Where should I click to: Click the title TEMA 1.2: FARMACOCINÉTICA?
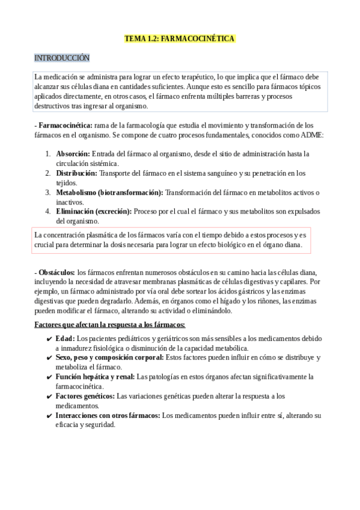point(180,38)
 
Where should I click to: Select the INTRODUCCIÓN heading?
point(62,58)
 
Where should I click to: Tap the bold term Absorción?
point(73,154)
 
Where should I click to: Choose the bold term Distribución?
point(76,173)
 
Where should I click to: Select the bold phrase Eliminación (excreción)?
point(94,212)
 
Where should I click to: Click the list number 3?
point(47,192)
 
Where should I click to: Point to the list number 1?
point(47,154)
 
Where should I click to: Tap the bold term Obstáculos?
point(56,272)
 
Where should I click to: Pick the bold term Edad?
point(66,339)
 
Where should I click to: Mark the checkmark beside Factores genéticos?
point(49,396)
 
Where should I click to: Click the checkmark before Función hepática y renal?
point(49,377)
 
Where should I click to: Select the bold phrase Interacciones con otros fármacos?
point(108,416)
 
